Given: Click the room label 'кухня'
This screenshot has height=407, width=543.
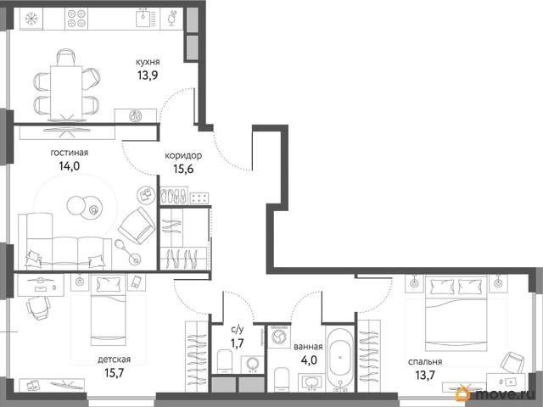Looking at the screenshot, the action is [148, 62].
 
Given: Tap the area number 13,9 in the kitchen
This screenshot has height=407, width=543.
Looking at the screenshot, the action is [148, 75].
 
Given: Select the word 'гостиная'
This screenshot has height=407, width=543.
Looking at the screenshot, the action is [70, 153].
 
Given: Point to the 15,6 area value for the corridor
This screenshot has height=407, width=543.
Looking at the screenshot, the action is [183, 169].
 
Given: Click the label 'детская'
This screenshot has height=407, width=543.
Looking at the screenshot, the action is [115, 360].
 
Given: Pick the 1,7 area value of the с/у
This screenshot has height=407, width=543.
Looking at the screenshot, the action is [238, 343].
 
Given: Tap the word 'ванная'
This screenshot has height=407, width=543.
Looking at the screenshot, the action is [308, 347].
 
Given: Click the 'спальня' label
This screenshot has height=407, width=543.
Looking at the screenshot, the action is [425, 362].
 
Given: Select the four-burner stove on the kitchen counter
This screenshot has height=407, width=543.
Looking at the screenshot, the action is [76, 19].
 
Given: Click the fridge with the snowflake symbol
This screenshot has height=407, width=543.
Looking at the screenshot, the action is [31, 19].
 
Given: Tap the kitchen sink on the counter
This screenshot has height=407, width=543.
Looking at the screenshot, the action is [145, 18].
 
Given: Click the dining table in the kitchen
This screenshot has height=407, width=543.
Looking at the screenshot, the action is [66, 92].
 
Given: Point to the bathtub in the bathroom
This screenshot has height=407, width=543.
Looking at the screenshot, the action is [340, 358].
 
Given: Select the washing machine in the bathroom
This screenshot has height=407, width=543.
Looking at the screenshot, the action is [278, 336].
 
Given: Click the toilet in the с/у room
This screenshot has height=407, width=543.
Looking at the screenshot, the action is [224, 362].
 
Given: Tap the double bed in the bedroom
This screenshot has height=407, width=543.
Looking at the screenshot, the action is [456, 310].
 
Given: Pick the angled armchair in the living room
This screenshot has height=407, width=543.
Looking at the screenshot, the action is [137, 226].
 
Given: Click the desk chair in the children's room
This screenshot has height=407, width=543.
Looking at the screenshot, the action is [38, 308].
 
